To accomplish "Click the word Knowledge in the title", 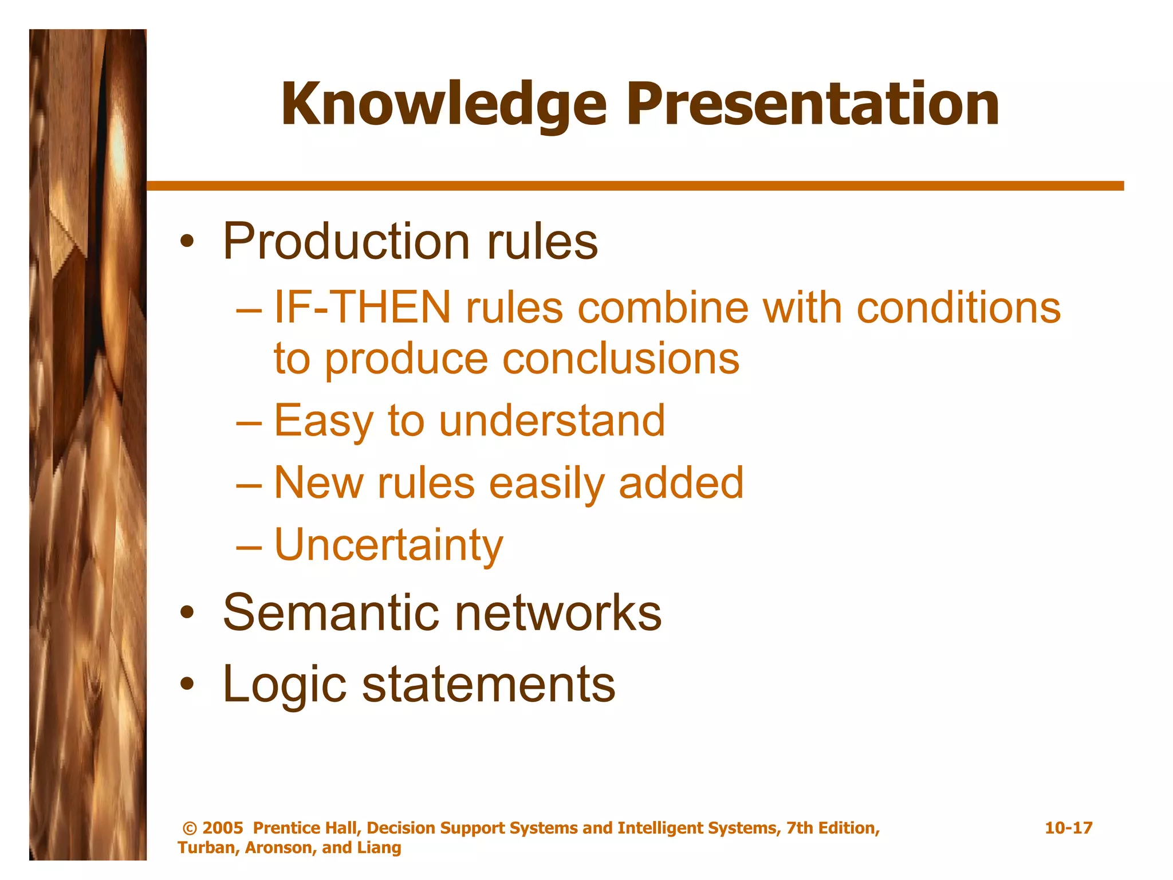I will [443, 104].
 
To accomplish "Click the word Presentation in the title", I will [813, 104].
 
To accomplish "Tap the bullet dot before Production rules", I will [186, 242].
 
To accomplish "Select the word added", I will [681, 482].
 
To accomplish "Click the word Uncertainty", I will [388, 545].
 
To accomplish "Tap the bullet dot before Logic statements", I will [186, 685].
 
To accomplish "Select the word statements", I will [489, 684].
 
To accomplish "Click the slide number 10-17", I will [1068, 828].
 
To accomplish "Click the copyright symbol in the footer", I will [190, 828].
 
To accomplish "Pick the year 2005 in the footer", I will [223, 828].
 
